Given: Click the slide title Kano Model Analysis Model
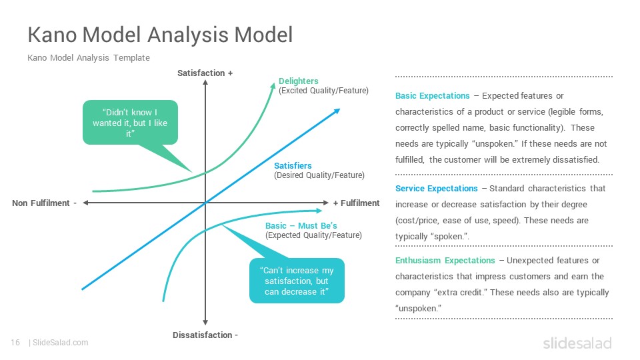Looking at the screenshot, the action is [160, 35].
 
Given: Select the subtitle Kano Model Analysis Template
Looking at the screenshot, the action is [89, 57].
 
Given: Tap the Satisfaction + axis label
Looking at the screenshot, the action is [205, 73].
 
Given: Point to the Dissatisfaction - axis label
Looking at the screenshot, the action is [205, 335].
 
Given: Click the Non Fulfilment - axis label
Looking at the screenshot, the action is [45, 203].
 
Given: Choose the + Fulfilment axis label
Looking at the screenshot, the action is [356, 203].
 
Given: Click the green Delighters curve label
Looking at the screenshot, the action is [299, 81].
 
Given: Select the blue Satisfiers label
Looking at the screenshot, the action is [293, 166].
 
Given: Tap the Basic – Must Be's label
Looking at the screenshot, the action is [301, 226].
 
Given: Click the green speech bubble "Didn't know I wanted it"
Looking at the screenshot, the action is [130, 123].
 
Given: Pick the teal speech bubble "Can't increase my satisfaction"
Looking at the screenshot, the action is [297, 281].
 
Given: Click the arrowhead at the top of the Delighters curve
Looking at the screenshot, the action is [273, 85].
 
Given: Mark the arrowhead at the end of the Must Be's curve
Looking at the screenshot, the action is [319, 211].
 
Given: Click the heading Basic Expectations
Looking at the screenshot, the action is [432, 96].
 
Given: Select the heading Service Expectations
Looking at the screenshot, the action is [436, 189].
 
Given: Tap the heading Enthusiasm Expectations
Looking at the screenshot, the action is [445, 261].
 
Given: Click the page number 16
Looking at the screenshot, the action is [15, 343].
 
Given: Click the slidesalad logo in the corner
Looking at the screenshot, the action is [577, 343].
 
